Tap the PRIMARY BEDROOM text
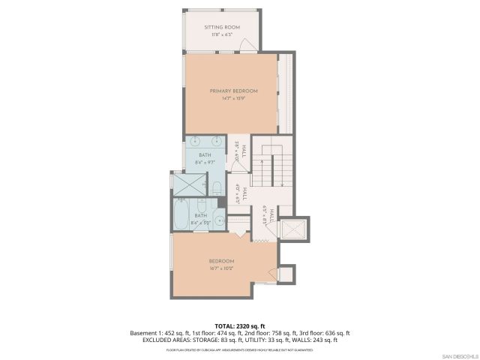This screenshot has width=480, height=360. pyautogui.click(x=233, y=91)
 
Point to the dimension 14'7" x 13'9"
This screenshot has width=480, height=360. pyautogui.click(x=233, y=98)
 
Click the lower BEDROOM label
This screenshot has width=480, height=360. pyautogui.click(x=221, y=261)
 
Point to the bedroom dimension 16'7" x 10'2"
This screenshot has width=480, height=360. pyautogui.click(x=221, y=268)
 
